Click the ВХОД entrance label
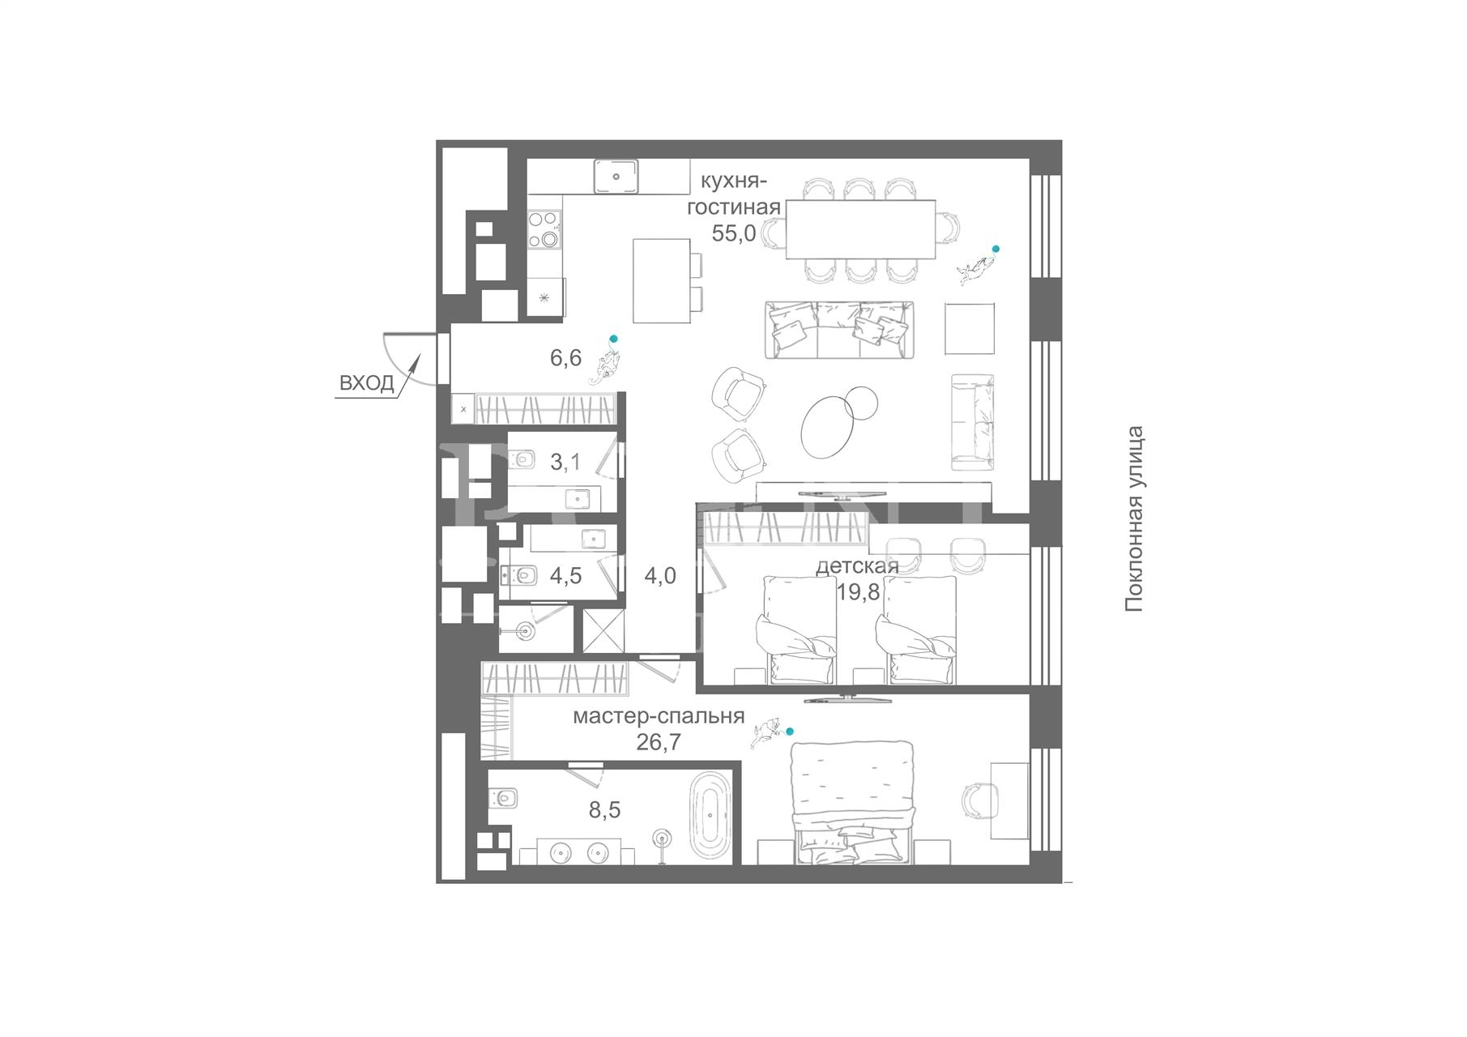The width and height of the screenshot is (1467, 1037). pos(366,383)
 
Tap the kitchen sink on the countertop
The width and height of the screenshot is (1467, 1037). pos(616,177)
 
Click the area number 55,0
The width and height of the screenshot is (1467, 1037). pos(734,233)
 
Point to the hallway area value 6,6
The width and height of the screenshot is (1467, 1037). pos(565,357)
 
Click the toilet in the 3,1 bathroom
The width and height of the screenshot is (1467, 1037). pos(523,460)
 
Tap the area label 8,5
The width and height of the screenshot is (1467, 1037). pos(604,809)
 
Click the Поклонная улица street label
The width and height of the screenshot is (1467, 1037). pos(1135,518)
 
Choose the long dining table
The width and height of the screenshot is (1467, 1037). pos(860,229)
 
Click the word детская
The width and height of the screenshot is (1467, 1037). pos(857,565)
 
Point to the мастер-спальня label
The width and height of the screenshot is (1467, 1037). pos(659,716)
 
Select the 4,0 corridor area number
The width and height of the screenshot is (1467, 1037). pos(660,576)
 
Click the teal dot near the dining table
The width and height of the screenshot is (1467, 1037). pos(996,249)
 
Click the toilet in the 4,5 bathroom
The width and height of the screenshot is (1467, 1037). pos(520,575)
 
